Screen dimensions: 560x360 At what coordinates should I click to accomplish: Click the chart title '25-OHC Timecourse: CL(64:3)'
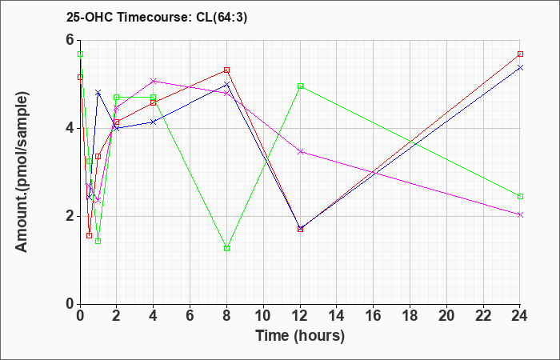(x=157, y=17)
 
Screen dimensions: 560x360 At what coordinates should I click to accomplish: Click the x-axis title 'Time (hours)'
(x=300, y=336)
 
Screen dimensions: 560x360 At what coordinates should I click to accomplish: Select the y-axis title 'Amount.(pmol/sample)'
(x=22, y=172)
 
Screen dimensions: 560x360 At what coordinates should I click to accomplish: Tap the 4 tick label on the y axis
(x=70, y=128)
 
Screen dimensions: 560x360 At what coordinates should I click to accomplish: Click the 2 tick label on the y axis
(x=70, y=216)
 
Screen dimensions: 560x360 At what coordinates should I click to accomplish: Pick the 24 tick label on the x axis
(x=520, y=316)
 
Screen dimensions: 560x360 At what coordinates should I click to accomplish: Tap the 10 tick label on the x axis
(x=263, y=316)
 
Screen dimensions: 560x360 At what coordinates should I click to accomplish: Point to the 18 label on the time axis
(x=410, y=316)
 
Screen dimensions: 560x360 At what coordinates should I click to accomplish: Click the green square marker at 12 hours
(x=300, y=86)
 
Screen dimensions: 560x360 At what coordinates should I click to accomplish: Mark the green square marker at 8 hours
(x=226, y=248)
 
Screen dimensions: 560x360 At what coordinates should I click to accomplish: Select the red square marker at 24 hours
(x=520, y=54)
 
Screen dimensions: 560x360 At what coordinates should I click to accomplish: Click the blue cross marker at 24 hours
(x=520, y=67)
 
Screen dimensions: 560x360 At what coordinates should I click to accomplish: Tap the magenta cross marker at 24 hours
(x=520, y=214)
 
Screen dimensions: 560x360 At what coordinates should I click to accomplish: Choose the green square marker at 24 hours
(x=520, y=197)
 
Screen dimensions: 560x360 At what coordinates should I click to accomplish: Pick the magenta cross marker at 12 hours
(x=300, y=152)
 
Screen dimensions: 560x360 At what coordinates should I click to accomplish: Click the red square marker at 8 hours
(x=226, y=70)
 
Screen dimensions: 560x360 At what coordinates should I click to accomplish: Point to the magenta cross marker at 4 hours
(x=154, y=81)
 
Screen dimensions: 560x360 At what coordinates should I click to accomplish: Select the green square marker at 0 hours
(x=80, y=54)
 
